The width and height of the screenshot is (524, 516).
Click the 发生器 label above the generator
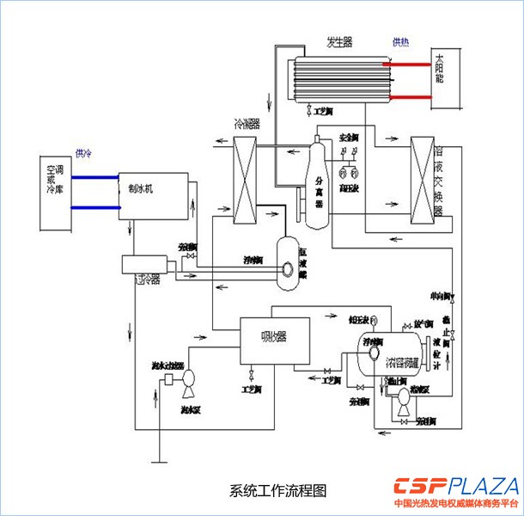click(338, 42)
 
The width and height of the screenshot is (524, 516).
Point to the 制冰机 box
click(151, 193)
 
